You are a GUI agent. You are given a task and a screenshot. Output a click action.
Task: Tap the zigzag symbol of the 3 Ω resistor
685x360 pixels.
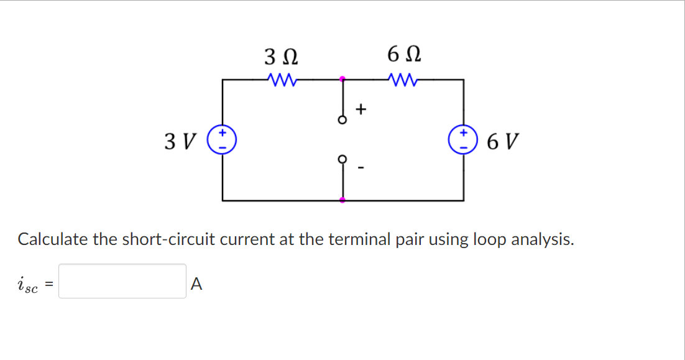pyautogui.click(x=281, y=80)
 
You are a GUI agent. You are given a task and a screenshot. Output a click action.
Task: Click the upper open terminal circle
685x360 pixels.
pyautogui.click(x=341, y=121)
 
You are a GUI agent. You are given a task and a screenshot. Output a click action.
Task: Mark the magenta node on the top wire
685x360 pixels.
pyautogui.click(x=341, y=80)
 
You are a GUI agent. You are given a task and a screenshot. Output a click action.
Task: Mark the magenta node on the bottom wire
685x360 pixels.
pyautogui.click(x=341, y=200)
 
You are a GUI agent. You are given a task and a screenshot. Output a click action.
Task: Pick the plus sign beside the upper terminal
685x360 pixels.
pyautogui.click(x=361, y=110)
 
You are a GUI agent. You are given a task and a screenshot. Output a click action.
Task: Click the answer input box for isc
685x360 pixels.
pyautogui.click(x=122, y=281)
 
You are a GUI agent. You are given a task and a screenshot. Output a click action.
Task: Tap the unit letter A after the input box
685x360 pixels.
pyautogui.click(x=196, y=284)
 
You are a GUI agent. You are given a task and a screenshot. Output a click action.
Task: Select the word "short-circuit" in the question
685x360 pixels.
pyautogui.click(x=163, y=239)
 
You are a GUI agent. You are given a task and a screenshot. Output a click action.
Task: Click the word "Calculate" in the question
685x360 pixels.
pyautogui.click(x=53, y=239)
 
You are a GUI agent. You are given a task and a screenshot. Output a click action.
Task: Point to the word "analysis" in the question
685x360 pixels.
pyautogui.click(x=541, y=239)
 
